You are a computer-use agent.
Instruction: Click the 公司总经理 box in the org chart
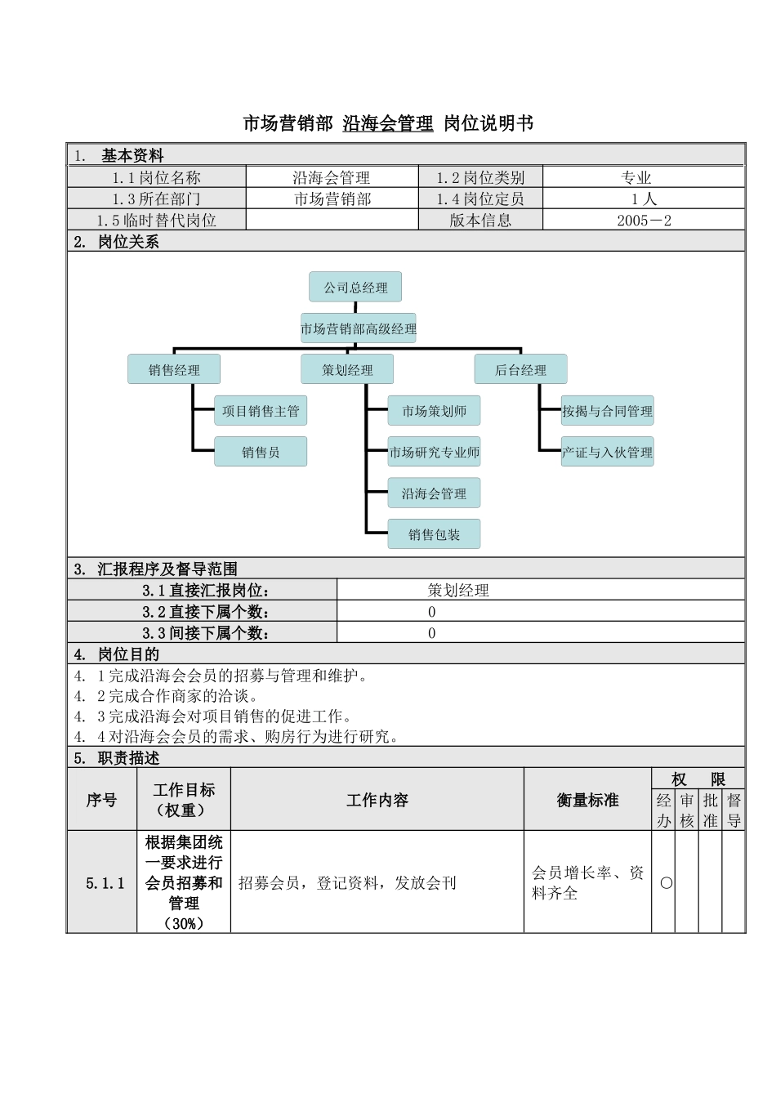[x=355, y=288]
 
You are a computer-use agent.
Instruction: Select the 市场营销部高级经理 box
[x=358, y=329]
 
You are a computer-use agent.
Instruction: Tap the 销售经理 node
[x=174, y=370]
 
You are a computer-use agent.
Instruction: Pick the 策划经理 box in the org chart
[x=347, y=370]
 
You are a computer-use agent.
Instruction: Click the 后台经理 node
[x=520, y=370]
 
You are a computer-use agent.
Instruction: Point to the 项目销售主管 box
[x=261, y=411]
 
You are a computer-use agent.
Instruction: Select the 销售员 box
[x=261, y=452]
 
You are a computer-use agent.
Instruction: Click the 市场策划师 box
[x=434, y=411]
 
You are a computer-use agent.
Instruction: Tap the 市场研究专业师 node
[x=434, y=452]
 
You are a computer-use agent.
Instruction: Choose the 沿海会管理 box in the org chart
[x=434, y=493]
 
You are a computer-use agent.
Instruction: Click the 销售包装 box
[x=434, y=534]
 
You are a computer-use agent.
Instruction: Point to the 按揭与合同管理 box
[x=607, y=411]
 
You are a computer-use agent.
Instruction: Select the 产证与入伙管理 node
[x=607, y=452]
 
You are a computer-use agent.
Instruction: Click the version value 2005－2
[x=644, y=221]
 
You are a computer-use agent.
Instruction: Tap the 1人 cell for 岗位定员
[x=644, y=199]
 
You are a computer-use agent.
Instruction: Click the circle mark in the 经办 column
[x=666, y=883]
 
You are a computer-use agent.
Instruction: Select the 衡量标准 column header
[x=587, y=801]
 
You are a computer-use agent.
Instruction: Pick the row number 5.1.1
[x=105, y=883]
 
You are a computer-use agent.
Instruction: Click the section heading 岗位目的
[x=128, y=654]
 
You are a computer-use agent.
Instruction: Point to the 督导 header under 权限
[x=734, y=810]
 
